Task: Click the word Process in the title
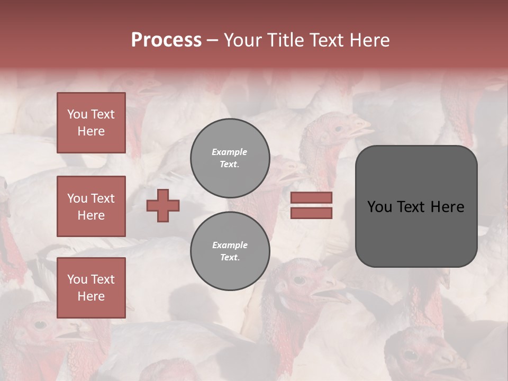166,40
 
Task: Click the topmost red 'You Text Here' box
91,123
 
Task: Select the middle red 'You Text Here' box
91,206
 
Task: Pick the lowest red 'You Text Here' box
91,288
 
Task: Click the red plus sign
163,205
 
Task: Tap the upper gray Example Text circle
230,158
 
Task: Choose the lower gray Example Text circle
230,251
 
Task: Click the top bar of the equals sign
311,197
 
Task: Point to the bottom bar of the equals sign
311,213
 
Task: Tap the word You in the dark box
380,207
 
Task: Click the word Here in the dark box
447,207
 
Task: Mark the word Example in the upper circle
230,152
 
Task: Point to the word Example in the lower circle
230,245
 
